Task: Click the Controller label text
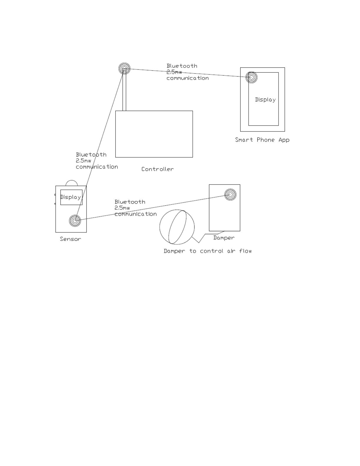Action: coord(157,169)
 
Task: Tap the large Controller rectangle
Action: coord(154,134)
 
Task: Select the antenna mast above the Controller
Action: coord(124,91)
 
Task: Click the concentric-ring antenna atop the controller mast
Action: coord(124,69)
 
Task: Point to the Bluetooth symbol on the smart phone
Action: coord(251,77)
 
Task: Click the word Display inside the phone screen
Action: coord(265,100)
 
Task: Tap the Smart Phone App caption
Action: coord(262,140)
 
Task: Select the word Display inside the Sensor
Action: coord(71,197)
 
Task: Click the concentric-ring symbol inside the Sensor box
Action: coord(75,221)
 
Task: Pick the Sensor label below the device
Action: coord(70,239)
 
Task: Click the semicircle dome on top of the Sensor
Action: coord(71,183)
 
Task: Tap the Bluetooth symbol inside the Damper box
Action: coord(230,194)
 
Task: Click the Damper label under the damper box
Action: coord(224,238)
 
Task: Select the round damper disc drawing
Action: coord(177,227)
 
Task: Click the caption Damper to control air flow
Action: coord(208,251)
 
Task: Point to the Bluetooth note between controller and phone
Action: coord(187,72)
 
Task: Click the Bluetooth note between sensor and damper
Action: coord(135,208)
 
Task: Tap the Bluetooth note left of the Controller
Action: coord(96,161)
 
